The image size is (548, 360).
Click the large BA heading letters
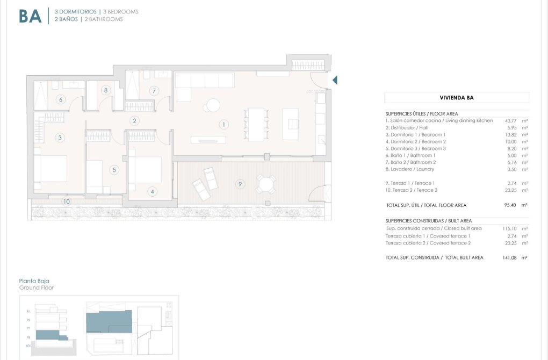[30, 16]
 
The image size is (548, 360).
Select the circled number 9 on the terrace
[240, 184]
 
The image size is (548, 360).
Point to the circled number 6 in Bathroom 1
[61, 99]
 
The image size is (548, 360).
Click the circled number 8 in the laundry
[106, 90]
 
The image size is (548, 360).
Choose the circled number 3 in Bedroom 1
[60, 138]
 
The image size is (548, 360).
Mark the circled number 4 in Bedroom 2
[153, 191]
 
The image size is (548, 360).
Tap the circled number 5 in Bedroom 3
[114, 170]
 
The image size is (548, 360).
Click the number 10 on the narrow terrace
[66, 201]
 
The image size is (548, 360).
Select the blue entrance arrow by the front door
[335, 81]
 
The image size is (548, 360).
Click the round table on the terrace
[265, 184]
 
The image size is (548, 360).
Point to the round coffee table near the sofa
[213, 105]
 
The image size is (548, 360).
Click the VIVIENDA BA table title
[456, 98]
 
